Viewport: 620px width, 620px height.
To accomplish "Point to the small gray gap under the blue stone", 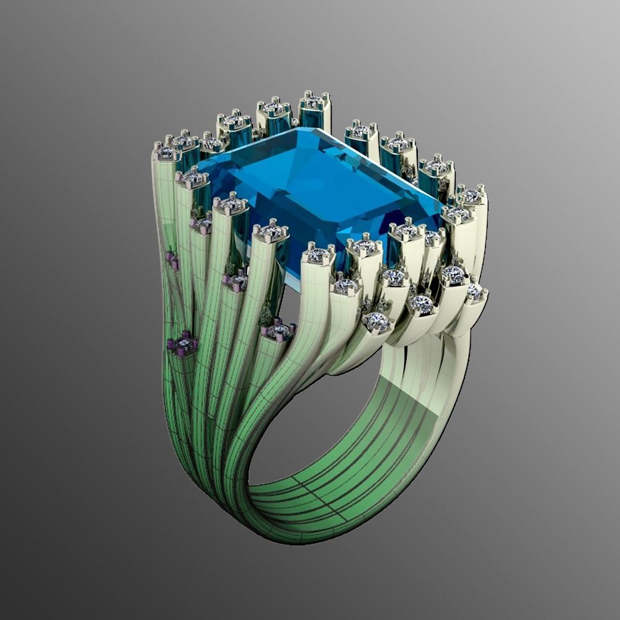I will coord(291,298).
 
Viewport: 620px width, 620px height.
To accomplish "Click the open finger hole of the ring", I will coord(322,428).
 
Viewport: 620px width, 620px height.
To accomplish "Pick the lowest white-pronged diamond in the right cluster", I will coord(377,321).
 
